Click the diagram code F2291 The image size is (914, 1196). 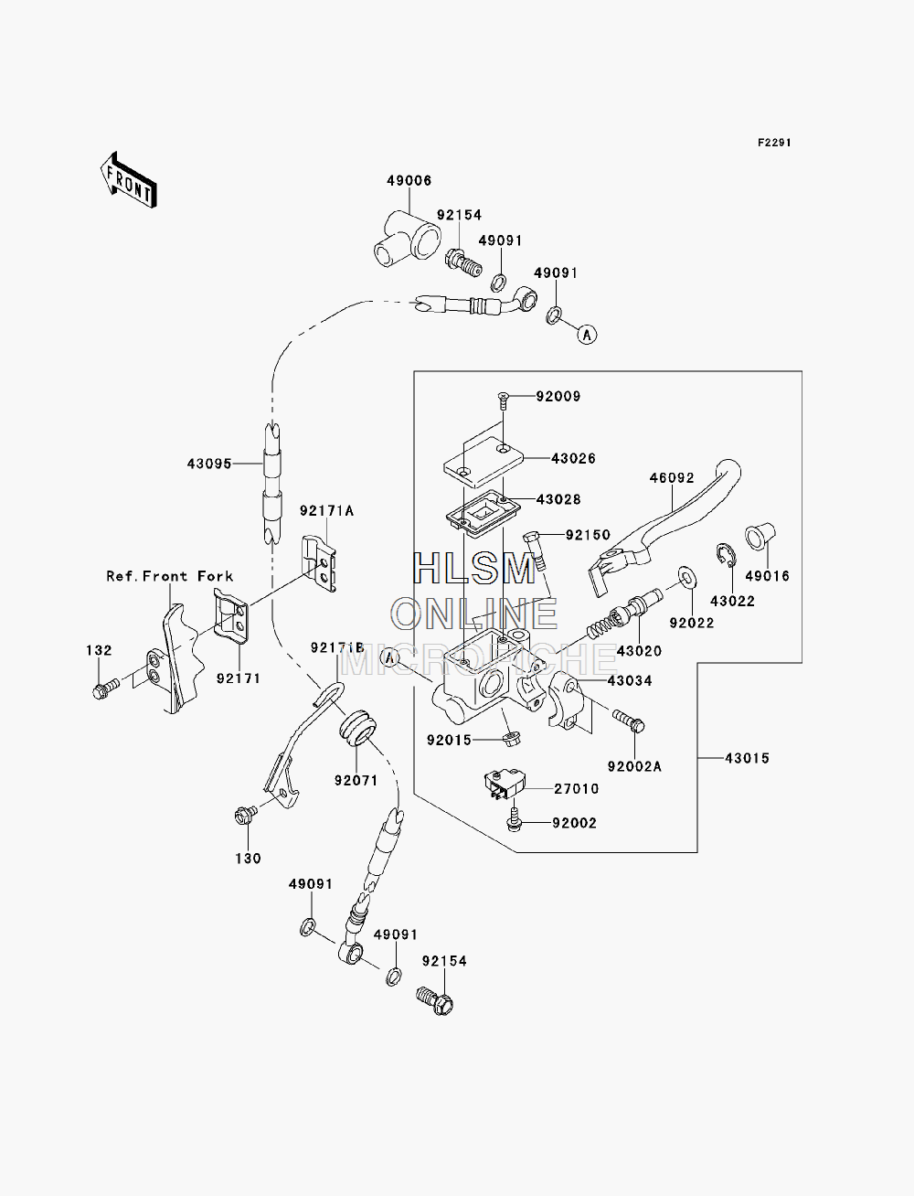coord(774,143)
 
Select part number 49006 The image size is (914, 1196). coord(409,180)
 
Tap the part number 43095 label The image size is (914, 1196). coord(209,464)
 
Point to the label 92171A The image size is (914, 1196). coord(327,510)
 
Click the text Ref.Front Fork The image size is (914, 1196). coord(169,576)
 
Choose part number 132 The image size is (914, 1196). coord(99,650)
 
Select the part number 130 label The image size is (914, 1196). coord(248,859)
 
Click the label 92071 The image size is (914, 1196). coord(356,780)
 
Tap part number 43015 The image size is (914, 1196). coord(747,758)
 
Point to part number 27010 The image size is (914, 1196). coord(577,788)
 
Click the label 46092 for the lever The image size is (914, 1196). coord(672,478)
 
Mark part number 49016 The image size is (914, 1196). coord(767,575)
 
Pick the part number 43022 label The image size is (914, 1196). coord(733,601)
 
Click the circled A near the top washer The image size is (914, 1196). coord(587,334)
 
